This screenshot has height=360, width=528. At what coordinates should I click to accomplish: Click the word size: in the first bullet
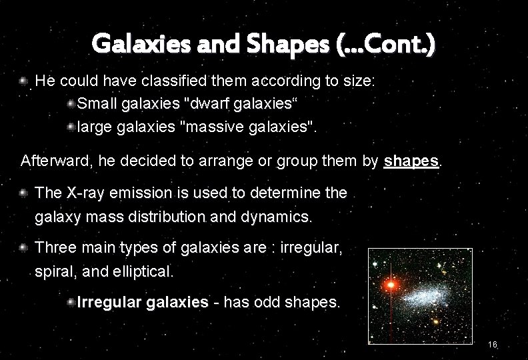tap(357, 81)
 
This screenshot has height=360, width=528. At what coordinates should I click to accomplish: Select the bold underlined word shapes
tap(412, 161)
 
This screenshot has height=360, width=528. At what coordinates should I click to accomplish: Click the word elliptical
tap(144, 271)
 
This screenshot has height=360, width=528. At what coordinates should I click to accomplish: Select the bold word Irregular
tap(109, 302)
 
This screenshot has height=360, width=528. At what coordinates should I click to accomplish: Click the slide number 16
tap(493, 345)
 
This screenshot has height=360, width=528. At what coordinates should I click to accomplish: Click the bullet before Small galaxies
tap(70, 103)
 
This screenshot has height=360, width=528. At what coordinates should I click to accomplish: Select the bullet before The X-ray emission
tap(25, 193)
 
